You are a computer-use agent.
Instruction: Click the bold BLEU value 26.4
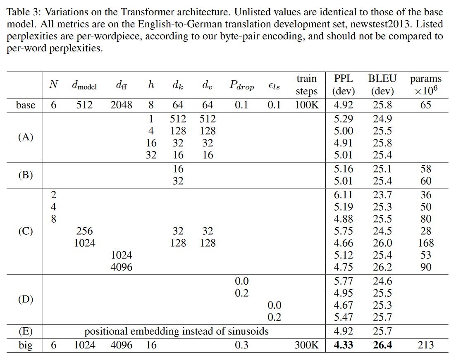[x=382, y=345]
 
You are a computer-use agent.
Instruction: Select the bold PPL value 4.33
[x=343, y=345]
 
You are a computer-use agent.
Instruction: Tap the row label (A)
[x=26, y=137]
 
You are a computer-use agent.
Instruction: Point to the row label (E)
[x=26, y=331]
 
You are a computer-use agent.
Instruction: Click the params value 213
[x=425, y=345]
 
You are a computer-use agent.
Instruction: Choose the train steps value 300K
[x=306, y=345]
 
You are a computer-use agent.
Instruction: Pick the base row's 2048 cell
[x=121, y=105]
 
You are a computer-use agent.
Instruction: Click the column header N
[x=53, y=85]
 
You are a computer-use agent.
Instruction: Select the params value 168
[x=425, y=243]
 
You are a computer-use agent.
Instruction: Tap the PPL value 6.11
[x=343, y=195]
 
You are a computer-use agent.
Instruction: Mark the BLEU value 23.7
[x=382, y=195]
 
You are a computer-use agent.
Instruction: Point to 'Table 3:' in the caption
[x=21, y=12]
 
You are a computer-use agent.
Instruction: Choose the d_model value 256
[x=84, y=231]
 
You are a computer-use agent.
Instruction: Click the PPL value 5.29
[x=343, y=119]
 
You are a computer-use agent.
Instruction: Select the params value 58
[x=425, y=169]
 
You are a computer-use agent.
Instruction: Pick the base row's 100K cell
[x=306, y=105]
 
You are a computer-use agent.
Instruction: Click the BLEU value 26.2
[x=382, y=267]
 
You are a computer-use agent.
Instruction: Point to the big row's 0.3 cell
[x=241, y=345]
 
